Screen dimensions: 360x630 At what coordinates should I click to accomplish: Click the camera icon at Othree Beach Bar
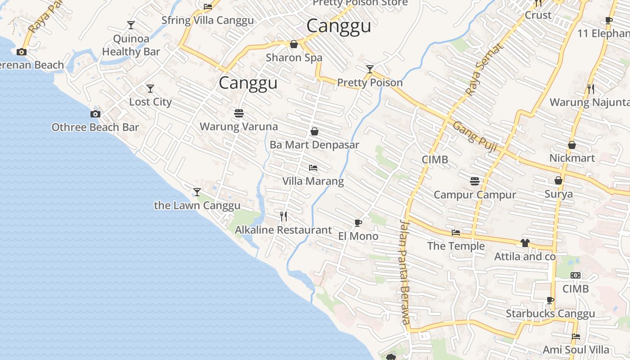[x=95, y=114]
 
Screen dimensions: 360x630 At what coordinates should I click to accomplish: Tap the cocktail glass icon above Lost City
[x=150, y=89]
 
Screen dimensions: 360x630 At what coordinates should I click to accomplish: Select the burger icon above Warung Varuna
[x=239, y=113]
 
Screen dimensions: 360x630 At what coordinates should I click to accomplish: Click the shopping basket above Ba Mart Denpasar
[x=315, y=131]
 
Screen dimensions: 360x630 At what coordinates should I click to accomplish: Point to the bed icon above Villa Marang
[x=313, y=168]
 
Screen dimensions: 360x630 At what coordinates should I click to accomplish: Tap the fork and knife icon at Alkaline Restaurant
[x=283, y=216]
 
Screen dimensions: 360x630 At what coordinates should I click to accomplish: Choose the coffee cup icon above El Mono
[x=358, y=223]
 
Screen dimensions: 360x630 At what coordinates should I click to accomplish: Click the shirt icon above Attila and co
[x=525, y=243]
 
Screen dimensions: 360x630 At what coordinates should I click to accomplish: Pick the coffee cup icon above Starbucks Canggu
[x=550, y=300]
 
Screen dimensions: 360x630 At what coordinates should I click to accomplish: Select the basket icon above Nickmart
[x=572, y=145]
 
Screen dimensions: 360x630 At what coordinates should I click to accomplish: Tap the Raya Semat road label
[x=482, y=69]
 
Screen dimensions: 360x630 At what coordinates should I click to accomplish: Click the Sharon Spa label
[x=294, y=58]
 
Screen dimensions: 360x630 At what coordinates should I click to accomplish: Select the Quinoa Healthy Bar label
[x=131, y=45]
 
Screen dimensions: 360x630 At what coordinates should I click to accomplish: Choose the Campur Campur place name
[x=475, y=195]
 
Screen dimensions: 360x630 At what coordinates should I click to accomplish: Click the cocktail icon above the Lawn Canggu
[x=197, y=192]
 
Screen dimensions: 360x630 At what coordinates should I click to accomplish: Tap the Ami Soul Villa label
[x=576, y=350]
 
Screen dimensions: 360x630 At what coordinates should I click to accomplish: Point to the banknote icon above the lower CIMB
[x=576, y=275]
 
